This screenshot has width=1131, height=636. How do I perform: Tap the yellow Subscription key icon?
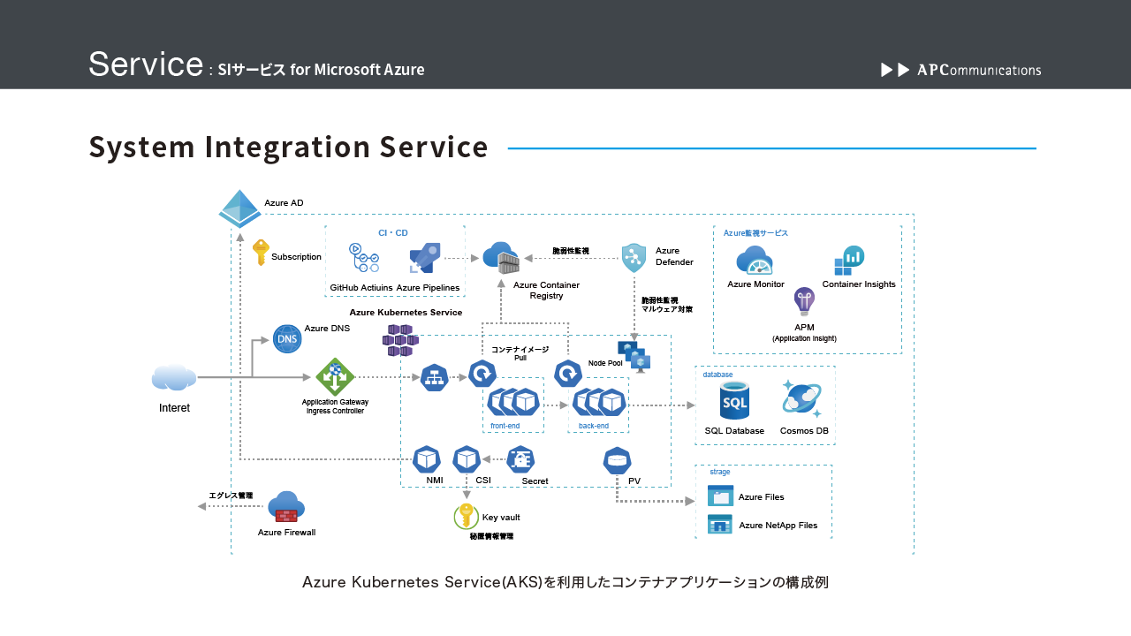point(261,253)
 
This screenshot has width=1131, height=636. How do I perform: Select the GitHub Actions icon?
point(363,258)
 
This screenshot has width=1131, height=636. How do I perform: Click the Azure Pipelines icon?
point(425,258)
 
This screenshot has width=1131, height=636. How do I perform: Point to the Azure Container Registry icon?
point(501,258)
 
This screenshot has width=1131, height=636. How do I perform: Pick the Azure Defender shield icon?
point(634,258)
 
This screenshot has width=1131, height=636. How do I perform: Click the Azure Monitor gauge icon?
point(755,261)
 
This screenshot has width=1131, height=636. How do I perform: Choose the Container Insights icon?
point(849,261)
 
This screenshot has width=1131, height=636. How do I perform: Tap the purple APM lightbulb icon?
point(804,301)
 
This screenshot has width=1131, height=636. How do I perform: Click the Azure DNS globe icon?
point(287,338)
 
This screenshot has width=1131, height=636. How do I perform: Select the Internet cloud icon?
point(174,377)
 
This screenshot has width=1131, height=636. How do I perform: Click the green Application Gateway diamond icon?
point(335,377)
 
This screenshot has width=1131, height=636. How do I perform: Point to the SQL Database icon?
point(734,401)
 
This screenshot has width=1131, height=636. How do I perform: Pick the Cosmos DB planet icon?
point(802,399)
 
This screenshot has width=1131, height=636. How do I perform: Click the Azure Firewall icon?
point(286,507)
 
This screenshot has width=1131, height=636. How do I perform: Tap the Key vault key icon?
point(466,516)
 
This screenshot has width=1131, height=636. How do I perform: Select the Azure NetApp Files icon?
point(720,525)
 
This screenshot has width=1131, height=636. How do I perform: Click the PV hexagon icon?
point(617,460)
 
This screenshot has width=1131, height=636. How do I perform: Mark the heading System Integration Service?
point(288,148)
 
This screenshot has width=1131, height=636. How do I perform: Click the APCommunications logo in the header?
point(961,70)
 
